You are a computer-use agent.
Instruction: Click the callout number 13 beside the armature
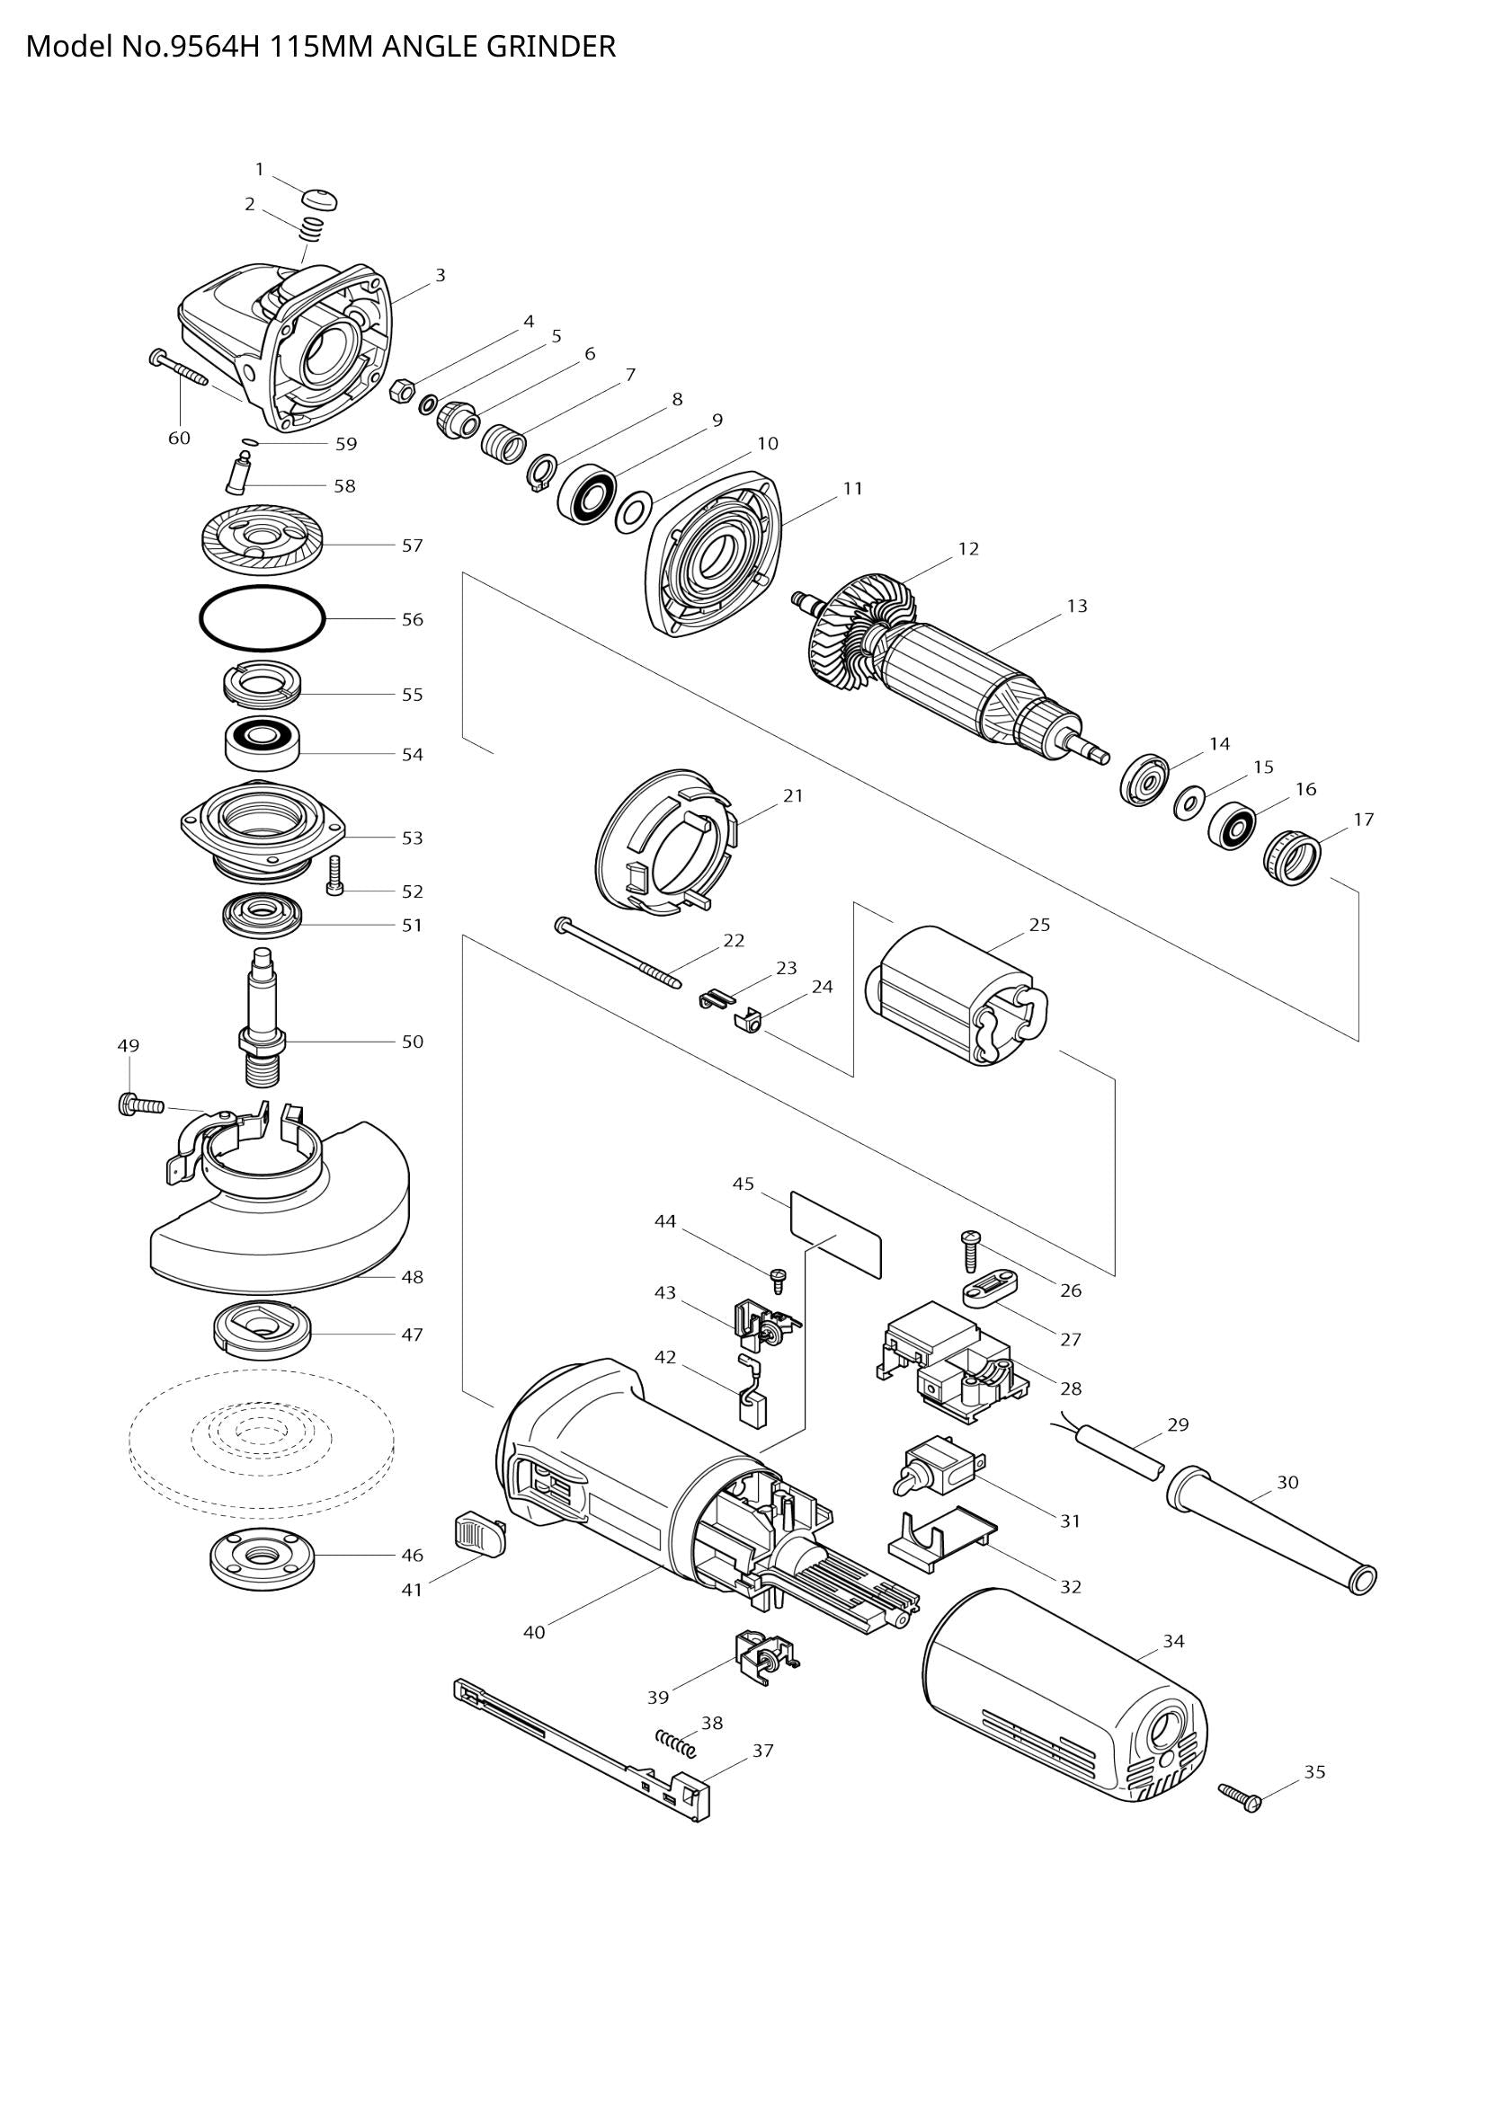click(1076, 606)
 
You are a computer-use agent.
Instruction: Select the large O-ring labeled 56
click(262, 619)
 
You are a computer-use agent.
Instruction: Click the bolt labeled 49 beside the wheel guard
click(139, 1105)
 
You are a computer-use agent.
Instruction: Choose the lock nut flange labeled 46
click(262, 1557)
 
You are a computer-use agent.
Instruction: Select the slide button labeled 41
click(479, 1533)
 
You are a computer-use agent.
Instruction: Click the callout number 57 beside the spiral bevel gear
click(412, 545)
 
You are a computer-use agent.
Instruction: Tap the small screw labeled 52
click(334, 876)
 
